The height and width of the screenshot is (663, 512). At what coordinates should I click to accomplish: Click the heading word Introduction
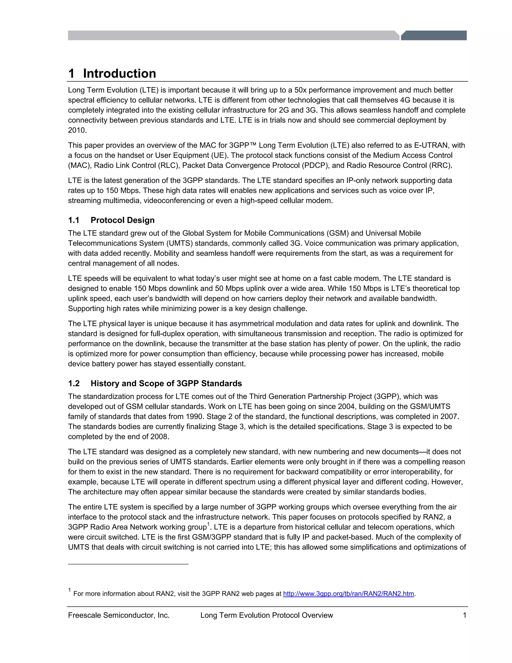click(119, 74)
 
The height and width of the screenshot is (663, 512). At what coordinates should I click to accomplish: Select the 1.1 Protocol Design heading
click(111, 220)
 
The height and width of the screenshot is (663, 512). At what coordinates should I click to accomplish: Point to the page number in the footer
click(464, 615)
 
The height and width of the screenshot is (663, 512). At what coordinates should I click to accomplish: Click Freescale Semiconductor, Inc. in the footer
click(118, 615)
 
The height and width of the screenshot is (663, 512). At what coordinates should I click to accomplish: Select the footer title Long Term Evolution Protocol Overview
click(266, 615)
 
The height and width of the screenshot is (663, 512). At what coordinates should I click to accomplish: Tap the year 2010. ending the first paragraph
click(77, 130)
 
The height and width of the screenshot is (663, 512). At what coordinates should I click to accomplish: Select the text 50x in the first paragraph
click(300, 90)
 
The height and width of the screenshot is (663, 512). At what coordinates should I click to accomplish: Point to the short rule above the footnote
click(128, 564)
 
